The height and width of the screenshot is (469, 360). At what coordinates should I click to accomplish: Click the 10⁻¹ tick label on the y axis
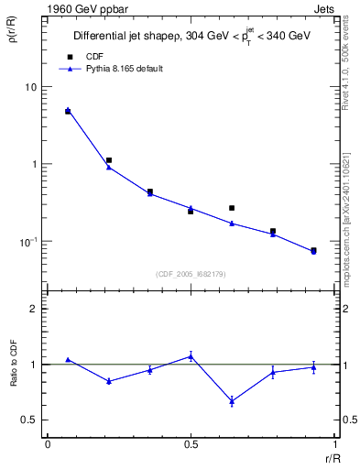click(x=30, y=242)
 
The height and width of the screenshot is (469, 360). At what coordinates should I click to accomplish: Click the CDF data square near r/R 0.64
click(x=232, y=208)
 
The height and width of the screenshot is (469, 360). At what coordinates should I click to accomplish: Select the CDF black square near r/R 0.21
click(x=109, y=160)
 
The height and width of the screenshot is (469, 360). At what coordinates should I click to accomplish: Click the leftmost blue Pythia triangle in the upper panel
click(x=68, y=110)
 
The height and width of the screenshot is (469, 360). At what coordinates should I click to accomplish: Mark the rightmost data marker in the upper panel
click(x=313, y=250)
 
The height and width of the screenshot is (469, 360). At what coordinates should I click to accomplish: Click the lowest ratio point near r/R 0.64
click(x=232, y=401)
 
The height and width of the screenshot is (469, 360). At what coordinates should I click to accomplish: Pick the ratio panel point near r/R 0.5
click(x=191, y=355)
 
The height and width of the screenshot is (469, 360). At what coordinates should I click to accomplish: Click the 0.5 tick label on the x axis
click(x=191, y=443)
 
